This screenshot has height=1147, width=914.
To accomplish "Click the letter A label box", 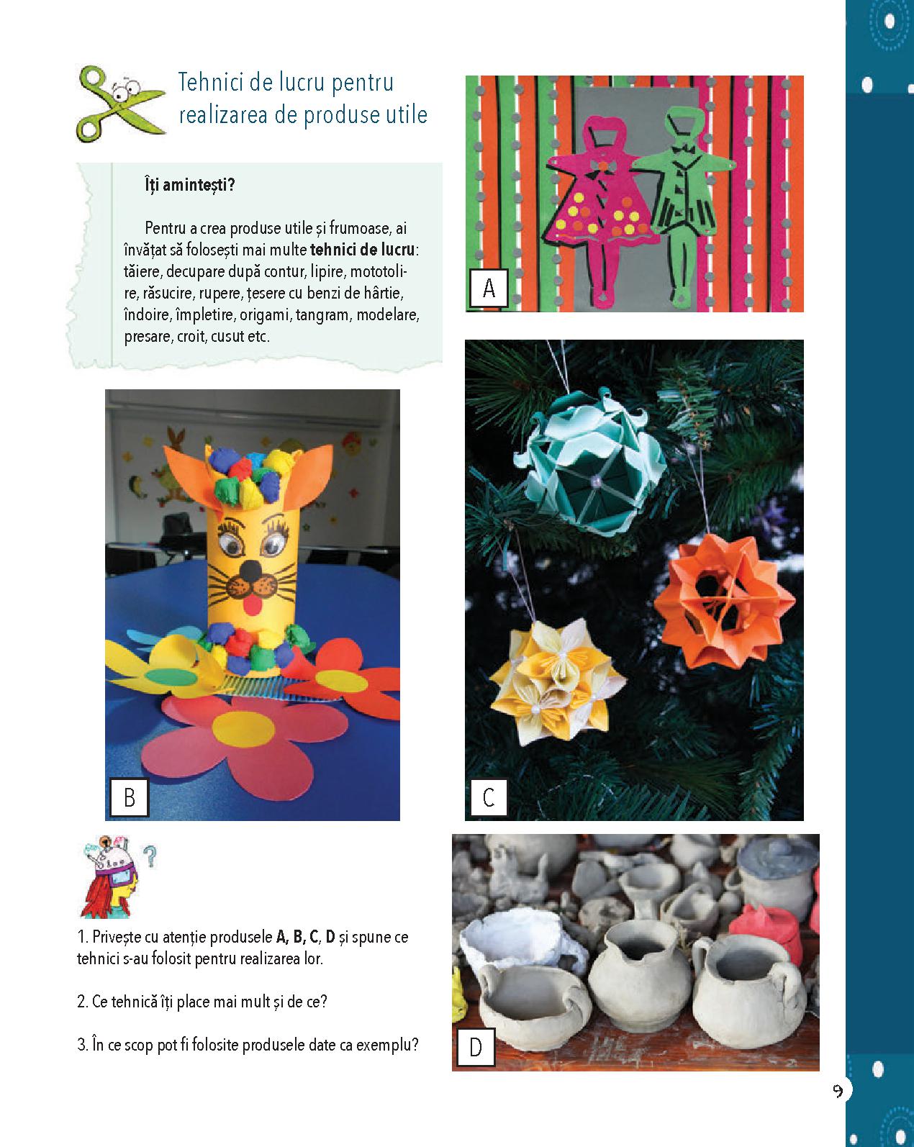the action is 489,289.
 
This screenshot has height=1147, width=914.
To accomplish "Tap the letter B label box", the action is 129,797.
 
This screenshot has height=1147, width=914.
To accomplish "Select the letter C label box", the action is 489,797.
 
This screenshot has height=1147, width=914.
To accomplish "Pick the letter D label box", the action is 476,1047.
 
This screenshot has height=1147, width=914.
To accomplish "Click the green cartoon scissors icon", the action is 120,104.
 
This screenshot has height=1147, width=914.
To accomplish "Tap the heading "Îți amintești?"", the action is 189,185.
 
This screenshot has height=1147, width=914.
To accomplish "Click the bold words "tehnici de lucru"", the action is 363,250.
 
